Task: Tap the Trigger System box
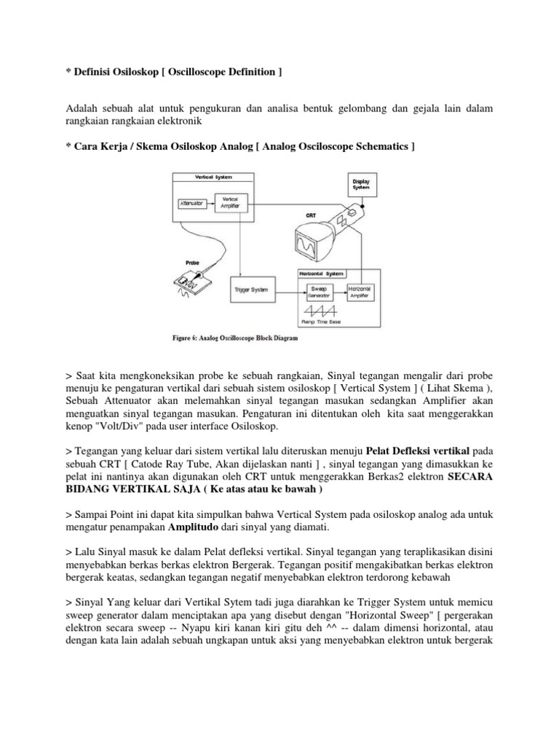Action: (252, 290)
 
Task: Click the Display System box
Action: (361, 184)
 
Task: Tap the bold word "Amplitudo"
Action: (194, 525)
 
